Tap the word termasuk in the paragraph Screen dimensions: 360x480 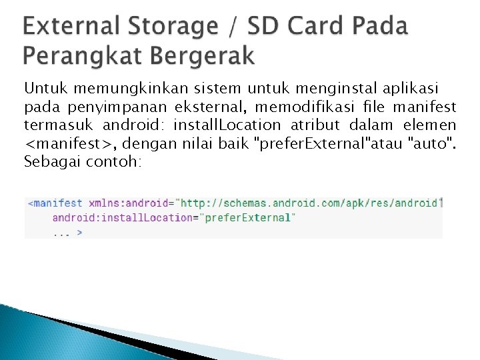tap(59, 125)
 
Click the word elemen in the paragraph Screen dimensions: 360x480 tap(429, 125)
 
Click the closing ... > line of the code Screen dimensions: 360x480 tap(67, 232)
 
